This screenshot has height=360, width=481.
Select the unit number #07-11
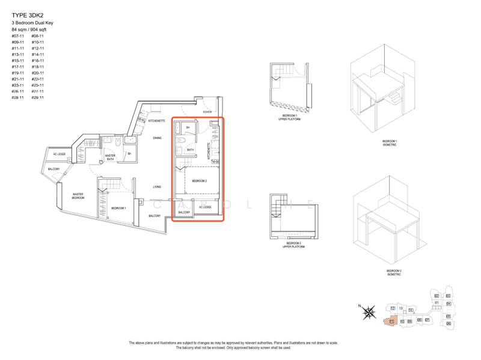[17, 36]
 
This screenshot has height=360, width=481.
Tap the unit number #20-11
[37, 73]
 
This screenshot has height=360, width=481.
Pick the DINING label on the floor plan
[157, 138]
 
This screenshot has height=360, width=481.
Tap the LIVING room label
[156, 187]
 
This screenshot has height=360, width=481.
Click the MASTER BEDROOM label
[78, 196]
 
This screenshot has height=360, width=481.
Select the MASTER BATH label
[110, 157]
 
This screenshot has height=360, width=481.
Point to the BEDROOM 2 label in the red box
[199, 180]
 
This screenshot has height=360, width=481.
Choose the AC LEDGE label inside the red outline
[205, 207]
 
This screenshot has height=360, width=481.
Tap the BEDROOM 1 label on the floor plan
[118, 208]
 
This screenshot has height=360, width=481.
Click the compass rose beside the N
[371, 311]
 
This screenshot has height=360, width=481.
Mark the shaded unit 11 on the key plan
[391, 322]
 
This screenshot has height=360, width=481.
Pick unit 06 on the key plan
[449, 323]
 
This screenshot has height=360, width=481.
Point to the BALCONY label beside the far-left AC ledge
[54, 169]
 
